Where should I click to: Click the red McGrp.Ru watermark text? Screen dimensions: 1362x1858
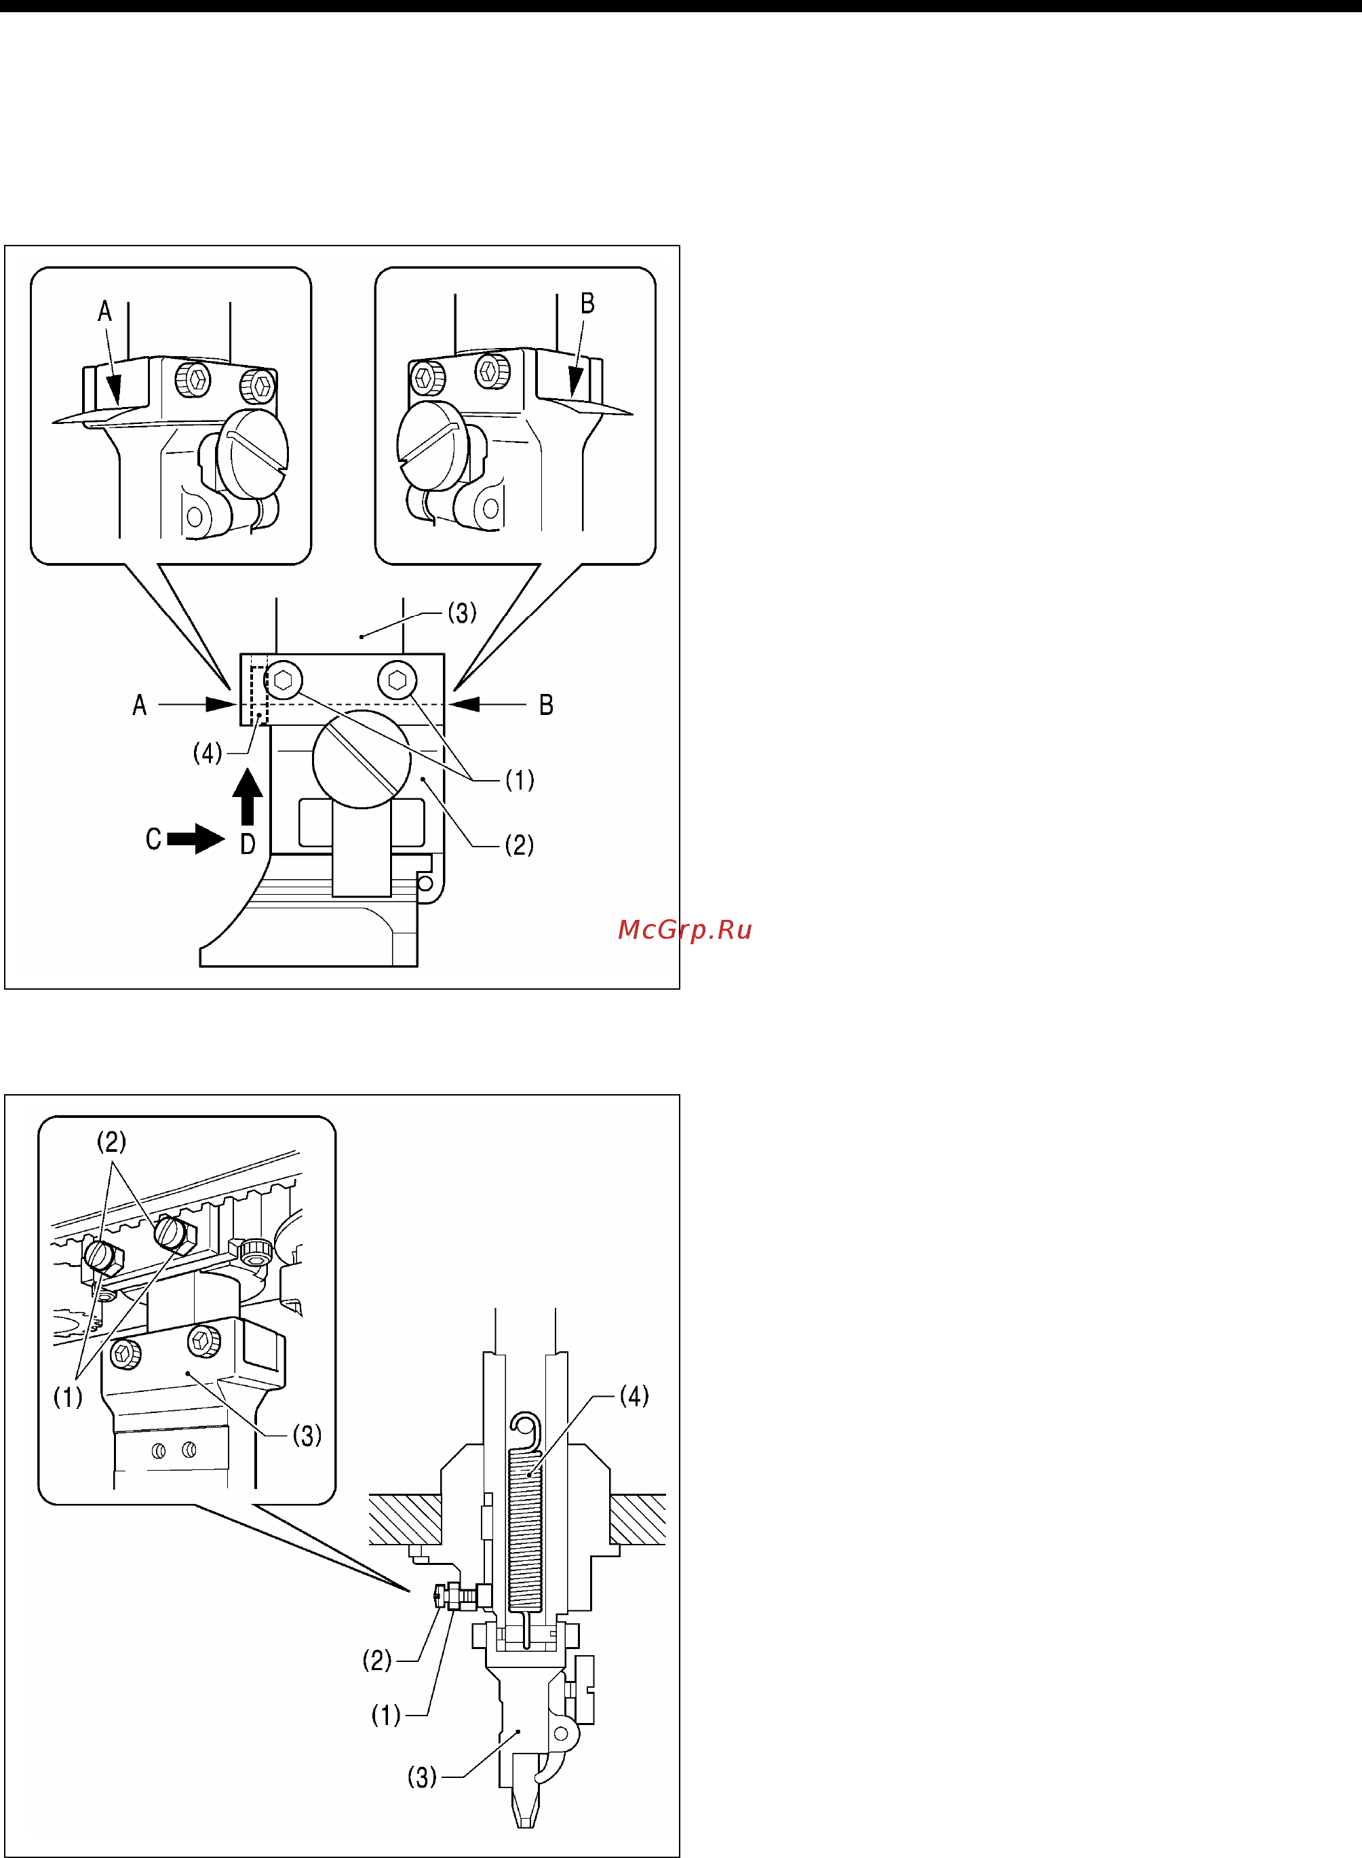pyautogui.click(x=684, y=931)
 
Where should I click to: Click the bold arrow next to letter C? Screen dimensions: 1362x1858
pyautogui.click(x=196, y=839)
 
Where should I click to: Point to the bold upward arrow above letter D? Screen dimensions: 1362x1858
pyautogui.click(x=248, y=796)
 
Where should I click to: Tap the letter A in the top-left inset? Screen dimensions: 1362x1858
pyautogui.click(x=104, y=311)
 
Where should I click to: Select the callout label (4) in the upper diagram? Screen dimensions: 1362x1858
pyautogui.click(x=208, y=752)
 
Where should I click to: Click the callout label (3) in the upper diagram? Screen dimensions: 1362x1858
pyautogui.click(x=462, y=613)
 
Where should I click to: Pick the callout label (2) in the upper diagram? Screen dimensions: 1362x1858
pyautogui.click(x=520, y=845)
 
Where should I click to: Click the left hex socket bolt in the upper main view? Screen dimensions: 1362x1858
pyautogui.click(x=284, y=681)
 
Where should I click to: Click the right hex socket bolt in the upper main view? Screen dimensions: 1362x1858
pyautogui.click(x=397, y=680)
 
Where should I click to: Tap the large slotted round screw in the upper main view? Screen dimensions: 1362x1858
pyautogui.click(x=362, y=759)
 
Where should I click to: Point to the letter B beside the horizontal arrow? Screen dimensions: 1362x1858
pyautogui.click(x=546, y=705)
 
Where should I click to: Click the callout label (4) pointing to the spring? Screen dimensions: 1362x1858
pyautogui.click(x=634, y=1395)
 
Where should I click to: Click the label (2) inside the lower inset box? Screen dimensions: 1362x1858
pyautogui.click(x=111, y=1142)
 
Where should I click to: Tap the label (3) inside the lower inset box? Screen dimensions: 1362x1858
pyautogui.click(x=307, y=1435)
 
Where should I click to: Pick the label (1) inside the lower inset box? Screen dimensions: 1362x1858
pyautogui.click(x=68, y=1397)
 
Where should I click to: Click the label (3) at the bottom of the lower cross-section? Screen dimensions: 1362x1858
pyautogui.click(x=422, y=1777)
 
